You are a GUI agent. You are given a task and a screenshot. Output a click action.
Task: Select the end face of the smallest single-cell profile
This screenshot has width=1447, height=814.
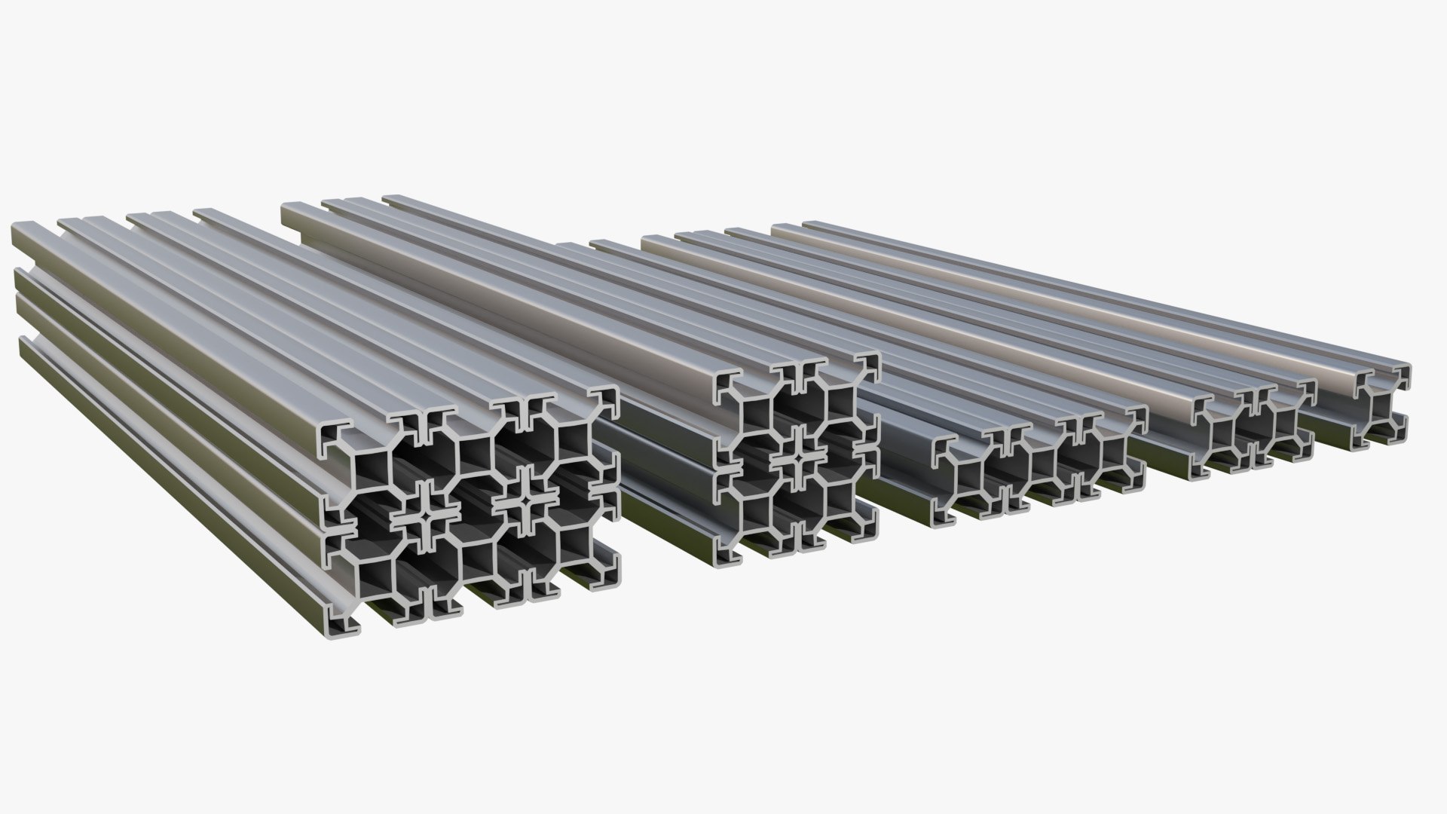tap(1381, 407)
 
